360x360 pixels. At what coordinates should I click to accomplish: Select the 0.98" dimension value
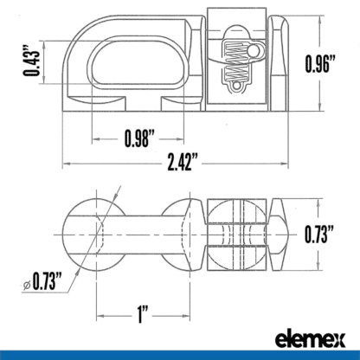(x=138, y=138)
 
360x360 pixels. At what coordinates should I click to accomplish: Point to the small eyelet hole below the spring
(x=235, y=87)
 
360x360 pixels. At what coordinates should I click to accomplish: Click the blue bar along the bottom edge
(x=179, y=356)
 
